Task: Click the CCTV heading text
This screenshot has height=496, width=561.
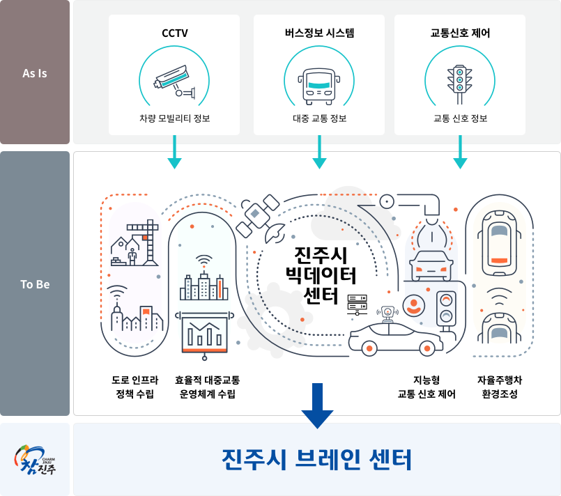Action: click(174, 33)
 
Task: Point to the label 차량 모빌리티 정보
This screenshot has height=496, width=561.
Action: click(175, 118)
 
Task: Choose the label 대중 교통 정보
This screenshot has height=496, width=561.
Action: click(320, 118)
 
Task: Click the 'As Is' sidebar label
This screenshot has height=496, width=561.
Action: click(35, 72)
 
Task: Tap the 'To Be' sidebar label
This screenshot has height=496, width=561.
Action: click(35, 284)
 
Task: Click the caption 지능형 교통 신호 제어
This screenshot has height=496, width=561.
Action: click(426, 387)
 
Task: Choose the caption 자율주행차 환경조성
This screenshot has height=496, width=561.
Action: click(500, 387)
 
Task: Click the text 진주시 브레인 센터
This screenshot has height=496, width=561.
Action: click(317, 460)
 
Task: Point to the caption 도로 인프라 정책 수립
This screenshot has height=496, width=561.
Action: click(135, 387)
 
